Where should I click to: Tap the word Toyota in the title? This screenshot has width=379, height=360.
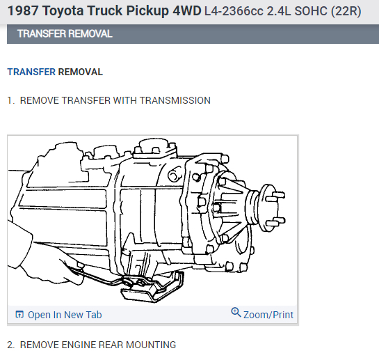[70, 12]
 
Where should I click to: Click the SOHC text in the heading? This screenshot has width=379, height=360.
[311, 13]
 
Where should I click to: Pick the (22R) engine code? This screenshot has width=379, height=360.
[346, 13]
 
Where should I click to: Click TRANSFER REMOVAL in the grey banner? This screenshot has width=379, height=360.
[65, 34]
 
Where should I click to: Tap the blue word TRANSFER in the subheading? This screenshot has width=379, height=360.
[31, 72]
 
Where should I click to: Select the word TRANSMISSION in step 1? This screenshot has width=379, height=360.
[175, 100]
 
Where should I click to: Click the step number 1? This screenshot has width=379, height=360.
[10, 100]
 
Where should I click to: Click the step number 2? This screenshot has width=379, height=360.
[10, 345]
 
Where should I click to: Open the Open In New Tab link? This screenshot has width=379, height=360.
[64, 315]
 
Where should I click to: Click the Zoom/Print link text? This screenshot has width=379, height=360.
[268, 315]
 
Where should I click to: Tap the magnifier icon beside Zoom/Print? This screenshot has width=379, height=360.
[236, 313]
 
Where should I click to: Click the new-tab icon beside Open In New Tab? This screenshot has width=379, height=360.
[19, 315]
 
